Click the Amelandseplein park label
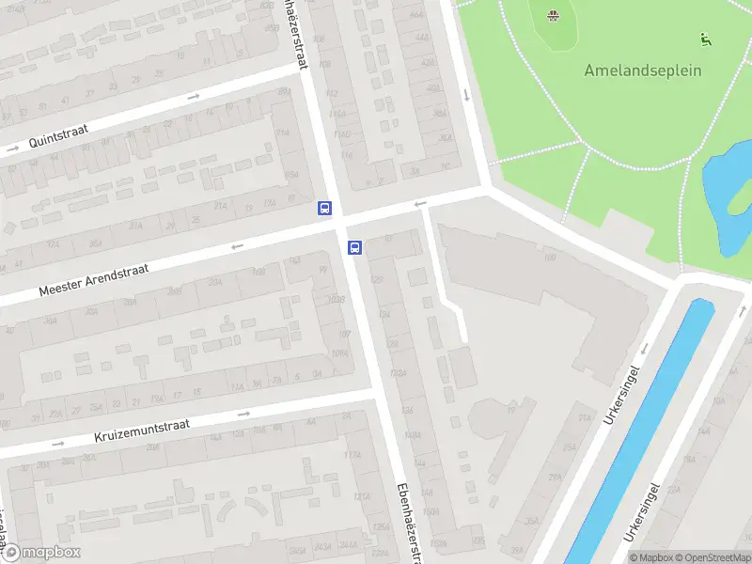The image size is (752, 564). click(643, 70)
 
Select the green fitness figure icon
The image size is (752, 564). click(705, 39)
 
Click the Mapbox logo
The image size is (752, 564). click(40, 553)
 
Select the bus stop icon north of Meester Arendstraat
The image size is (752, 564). click(324, 209)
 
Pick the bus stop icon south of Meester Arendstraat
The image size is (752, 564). click(355, 247)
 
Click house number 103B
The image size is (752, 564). click(337, 300)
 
